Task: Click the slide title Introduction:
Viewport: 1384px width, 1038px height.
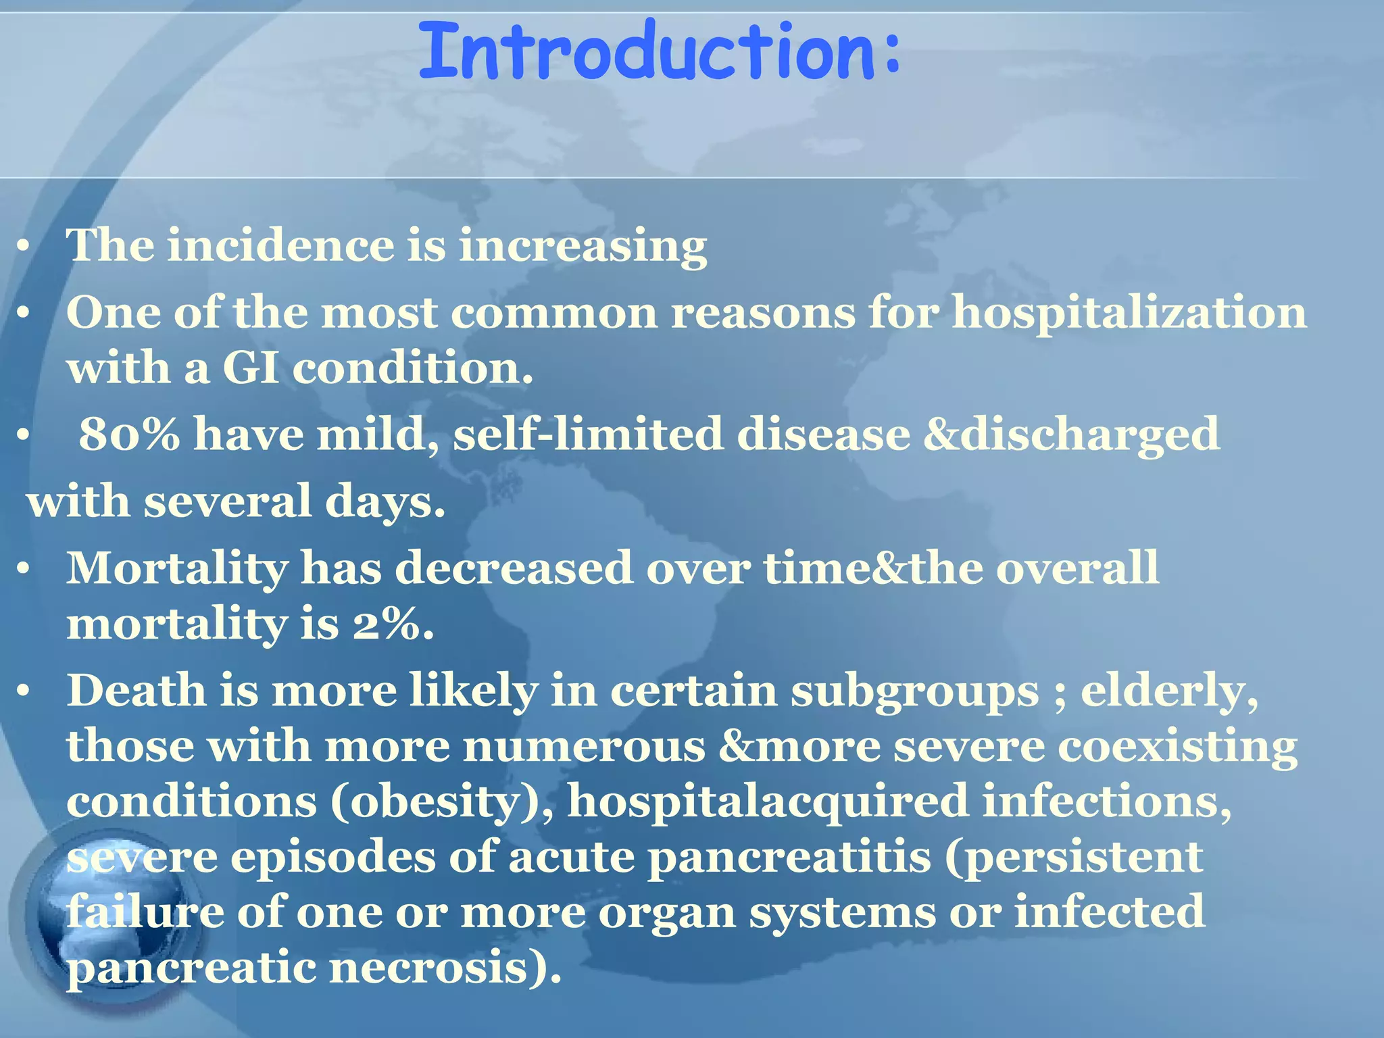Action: pyautogui.click(x=659, y=51)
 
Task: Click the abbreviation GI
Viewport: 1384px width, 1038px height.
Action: pyautogui.click(x=250, y=368)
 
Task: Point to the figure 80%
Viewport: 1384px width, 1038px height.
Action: pyautogui.click(x=129, y=435)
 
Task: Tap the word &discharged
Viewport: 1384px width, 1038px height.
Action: pyautogui.click(x=1072, y=435)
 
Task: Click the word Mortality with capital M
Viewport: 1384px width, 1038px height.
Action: pyautogui.click(x=177, y=568)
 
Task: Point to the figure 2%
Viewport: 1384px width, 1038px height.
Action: pyautogui.click(x=392, y=624)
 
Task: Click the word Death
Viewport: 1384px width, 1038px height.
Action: pyautogui.click(x=136, y=691)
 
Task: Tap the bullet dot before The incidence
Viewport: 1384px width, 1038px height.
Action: pyautogui.click(x=23, y=247)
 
